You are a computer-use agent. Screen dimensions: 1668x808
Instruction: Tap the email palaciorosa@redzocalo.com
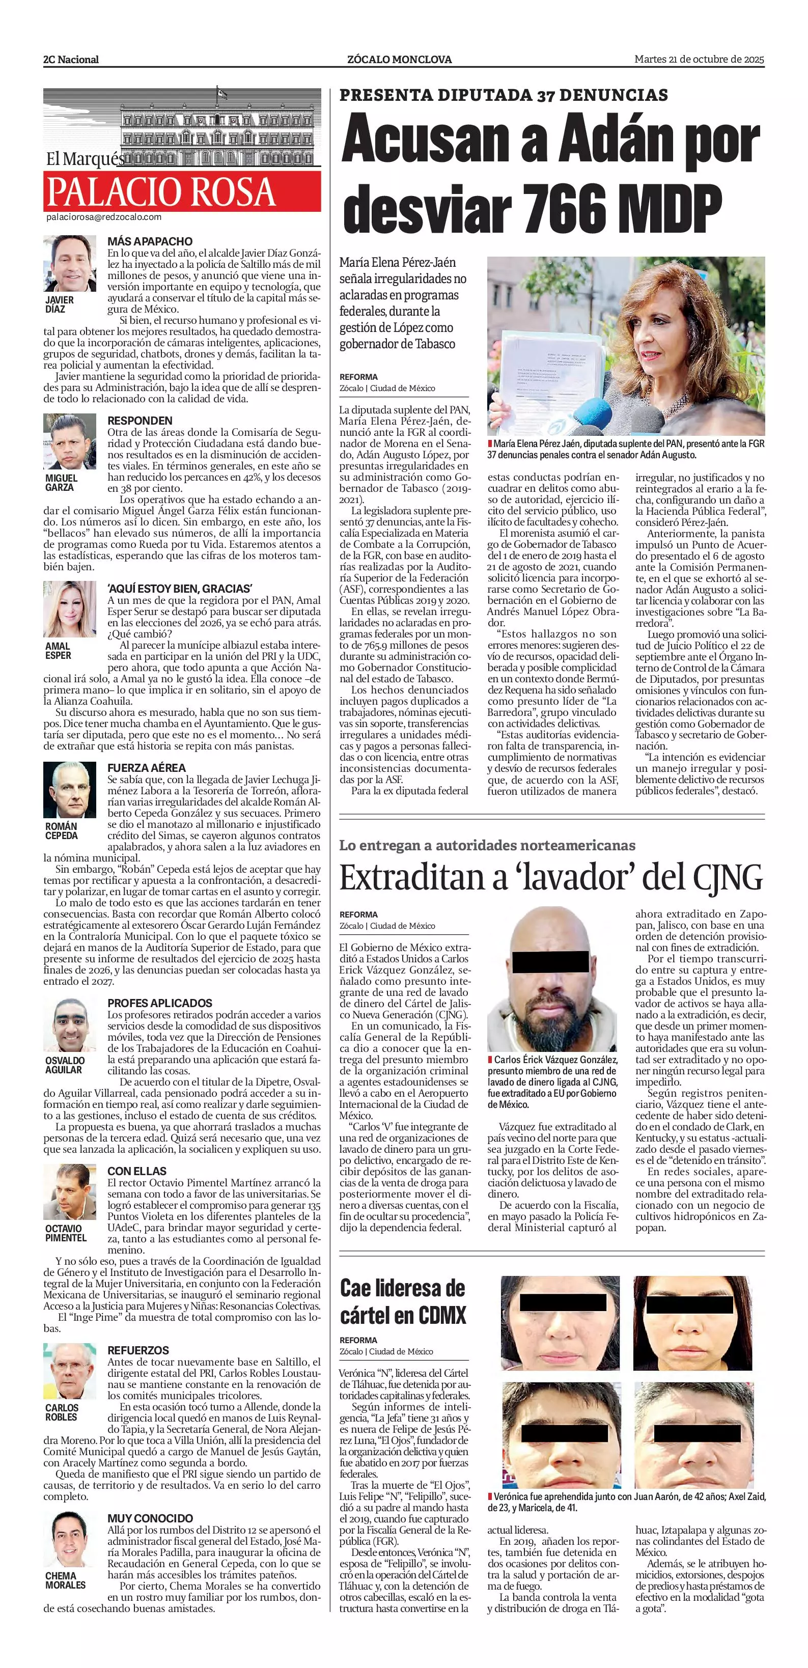103,217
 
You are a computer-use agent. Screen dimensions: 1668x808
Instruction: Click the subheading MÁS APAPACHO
150,241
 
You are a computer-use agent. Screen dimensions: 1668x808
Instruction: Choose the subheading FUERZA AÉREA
146,768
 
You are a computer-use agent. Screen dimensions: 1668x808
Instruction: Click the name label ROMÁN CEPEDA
61,831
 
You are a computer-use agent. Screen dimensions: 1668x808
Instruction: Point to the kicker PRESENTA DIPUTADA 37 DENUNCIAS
503,95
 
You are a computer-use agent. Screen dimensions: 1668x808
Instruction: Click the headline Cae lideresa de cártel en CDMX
403,1301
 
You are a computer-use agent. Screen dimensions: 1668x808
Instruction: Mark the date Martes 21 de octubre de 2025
699,59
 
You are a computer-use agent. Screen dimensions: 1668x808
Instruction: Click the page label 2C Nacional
71,60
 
